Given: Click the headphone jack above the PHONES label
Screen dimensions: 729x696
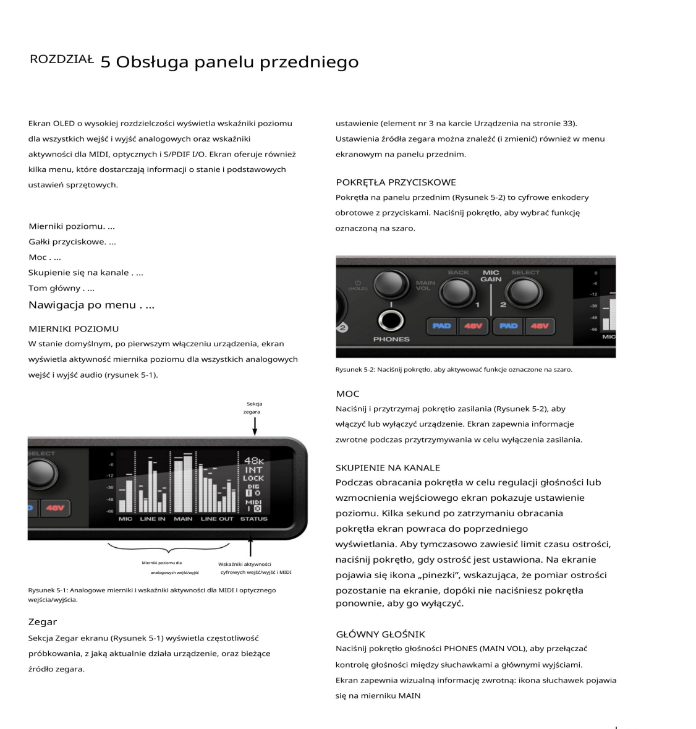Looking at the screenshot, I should click(x=391, y=320).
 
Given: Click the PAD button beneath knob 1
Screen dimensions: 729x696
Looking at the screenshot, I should click(x=441, y=326).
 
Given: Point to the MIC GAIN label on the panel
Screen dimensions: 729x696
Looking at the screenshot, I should click(x=491, y=276).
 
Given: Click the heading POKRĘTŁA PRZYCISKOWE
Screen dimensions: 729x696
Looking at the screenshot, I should click(x=396, y=182).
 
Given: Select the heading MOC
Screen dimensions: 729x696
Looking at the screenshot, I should click(x=347, y=394).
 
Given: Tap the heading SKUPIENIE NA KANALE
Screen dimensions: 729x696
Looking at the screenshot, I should click(x=388, y=468).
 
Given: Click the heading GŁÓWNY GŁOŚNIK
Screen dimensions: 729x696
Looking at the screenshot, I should click(x=380, y=634).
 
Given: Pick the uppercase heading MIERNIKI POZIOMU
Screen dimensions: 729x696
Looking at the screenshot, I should click(x=74, y=329).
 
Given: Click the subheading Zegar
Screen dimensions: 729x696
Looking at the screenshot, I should click(x=43, y=622).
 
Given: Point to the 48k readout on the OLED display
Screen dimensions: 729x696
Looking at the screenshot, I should click(x=253, y=461).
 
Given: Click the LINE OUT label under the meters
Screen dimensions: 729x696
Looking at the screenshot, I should click(x=217, y=519).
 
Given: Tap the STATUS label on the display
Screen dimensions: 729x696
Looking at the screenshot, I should click(x=254, y=519).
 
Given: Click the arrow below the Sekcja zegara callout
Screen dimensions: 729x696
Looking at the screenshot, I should click(x=255, y=426).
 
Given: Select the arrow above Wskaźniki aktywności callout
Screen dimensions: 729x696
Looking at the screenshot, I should click(x=250, y=548).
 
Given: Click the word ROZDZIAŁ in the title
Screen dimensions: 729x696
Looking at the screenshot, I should click(x=61, y=60).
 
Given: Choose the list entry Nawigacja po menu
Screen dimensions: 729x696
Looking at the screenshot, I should click(x=91, y=305).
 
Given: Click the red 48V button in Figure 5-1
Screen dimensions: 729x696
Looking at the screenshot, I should click(x=55, y=508).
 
